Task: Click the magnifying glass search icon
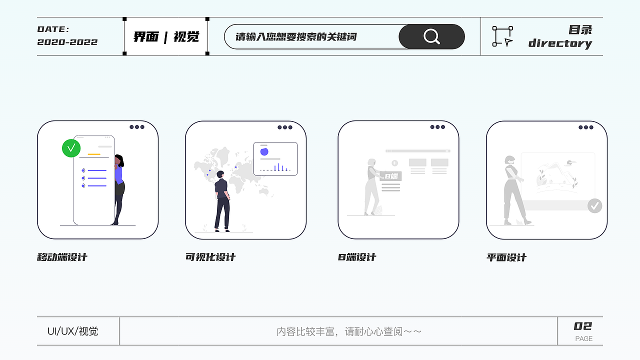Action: click(x=431, y=36)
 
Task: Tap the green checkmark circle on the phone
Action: click(x=71, y=147)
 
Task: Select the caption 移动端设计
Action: click(x=62, y=257)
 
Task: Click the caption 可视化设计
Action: click(x=210, y=257)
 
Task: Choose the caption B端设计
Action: click(x=357, y=257)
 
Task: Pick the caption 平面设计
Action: click(x=506, y=257)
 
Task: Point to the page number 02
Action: click(x=582, y=326)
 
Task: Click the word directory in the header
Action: click(x=560, y=43)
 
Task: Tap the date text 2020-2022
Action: click(x=67, y=42)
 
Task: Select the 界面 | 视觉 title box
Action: click(x=166, y=36)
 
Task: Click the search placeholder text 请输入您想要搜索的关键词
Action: click(x=296, y=36)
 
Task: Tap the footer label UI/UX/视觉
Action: click(x=72, y=331)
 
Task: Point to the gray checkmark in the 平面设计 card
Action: click(x=594, y=205)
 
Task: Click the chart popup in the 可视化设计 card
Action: click(x=275, y=158)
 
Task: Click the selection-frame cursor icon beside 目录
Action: click(x=502, y=36)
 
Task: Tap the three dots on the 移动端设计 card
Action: click(x=136, y=127)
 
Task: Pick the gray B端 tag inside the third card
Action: click(x=390, y=176)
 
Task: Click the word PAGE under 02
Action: click(x=583, y=338)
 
